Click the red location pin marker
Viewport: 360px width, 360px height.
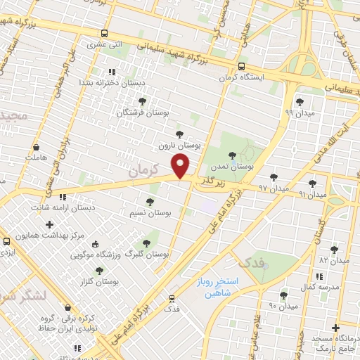[x=181, y=166]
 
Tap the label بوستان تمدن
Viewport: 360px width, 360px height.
[x=231, y=167]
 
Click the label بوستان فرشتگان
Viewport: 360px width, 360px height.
[x=142, y=112]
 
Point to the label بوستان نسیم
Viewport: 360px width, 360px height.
[x=151, y=212]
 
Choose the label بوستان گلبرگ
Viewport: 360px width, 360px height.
[x=147, y=253]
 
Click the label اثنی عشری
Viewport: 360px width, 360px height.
[x=105, y=44]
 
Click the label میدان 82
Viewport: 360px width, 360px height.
[x=334, y=260]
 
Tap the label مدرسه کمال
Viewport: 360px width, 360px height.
[x=326, y=288]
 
